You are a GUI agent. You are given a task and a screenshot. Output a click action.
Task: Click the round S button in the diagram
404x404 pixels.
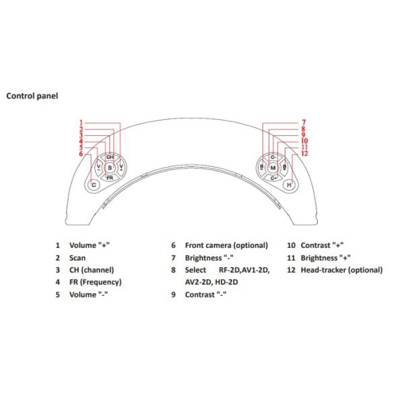(110, 166)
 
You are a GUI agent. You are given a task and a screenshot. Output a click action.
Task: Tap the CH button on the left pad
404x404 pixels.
(110, 156)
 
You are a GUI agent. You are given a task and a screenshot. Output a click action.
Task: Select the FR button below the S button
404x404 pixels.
(110, 177)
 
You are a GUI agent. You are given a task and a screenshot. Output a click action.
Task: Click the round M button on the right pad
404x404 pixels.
(273, 167)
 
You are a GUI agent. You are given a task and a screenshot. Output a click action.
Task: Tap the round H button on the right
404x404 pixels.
(289, 184)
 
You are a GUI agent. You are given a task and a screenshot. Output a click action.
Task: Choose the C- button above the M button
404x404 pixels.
(273, 156)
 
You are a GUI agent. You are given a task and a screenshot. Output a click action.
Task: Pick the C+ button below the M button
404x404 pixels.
(273, 178)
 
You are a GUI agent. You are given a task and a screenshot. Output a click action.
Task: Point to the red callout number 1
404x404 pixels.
(81, 123)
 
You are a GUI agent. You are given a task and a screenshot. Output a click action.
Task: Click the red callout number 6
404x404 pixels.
(81, 154)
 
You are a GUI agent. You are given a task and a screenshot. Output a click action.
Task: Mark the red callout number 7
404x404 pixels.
(304, 123)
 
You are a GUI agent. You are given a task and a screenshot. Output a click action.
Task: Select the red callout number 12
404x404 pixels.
(304, 154)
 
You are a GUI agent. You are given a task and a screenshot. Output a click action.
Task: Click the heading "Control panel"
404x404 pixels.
(32, 96)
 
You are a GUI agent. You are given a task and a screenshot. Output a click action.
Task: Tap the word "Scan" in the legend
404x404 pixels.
(77, 258)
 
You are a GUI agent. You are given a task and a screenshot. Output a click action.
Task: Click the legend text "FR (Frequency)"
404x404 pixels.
(95, 282)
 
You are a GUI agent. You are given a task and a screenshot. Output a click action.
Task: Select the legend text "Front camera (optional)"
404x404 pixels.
(226, 246)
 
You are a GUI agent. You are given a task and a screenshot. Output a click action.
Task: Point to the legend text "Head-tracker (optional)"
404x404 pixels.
(341, 270)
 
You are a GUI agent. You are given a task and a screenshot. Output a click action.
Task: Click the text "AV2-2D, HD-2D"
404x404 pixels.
(211, 282)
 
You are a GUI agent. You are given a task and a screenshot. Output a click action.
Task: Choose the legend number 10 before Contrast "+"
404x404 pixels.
(291, 246)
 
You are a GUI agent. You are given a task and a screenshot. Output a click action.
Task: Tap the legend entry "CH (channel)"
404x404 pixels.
(92, 270)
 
